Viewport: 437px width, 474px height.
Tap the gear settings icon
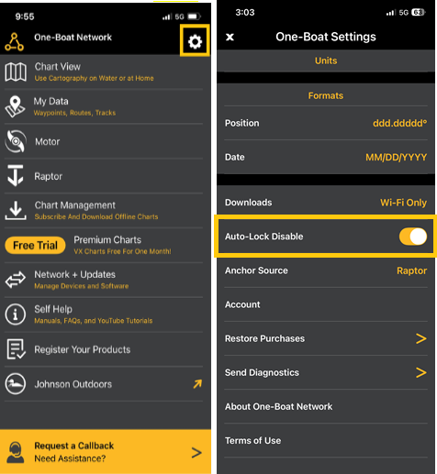pyautogui.click(x=195, y=41)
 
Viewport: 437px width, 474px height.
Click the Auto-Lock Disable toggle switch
pyautogui.click(x=413, y=237)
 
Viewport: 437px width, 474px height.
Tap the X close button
pyautogui.click(x=230, y=37)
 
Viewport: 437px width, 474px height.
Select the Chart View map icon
pyautogui.click(x=16, y=72)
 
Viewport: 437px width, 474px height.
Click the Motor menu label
pyautogui.click(x=48, y=142)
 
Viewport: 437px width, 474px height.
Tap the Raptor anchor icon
pyautogui.click(x=16, y=175)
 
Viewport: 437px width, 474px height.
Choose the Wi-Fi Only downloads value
pyautogui.click(x=403, y=203)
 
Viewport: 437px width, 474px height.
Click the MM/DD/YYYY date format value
pyautogui.click(x=397, y=158)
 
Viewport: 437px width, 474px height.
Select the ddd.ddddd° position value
pyautogui.click(x=399, y=123)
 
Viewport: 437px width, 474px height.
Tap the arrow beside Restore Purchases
pyautogui.click(x=421, y=338)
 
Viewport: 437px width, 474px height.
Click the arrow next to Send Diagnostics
pyautogui.click(x=421, y=372)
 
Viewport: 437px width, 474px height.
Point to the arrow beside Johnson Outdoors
pyautogui.click(x=197, y=384)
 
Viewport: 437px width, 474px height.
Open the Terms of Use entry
pyautogui.click(x=252, y=441)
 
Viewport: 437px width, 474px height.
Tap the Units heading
pyautogui.click(x=326, y=61)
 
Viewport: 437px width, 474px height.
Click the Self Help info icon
pyautogui.click(x=16, y=314)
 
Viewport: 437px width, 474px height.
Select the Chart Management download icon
pyautogui.click(x=16, y=211)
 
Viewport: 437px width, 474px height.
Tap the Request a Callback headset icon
pyautogui.click(x=16, y=452)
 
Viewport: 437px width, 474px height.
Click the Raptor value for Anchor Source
pyautogui.click(x=412, y=270)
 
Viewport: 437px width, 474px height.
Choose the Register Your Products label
pyautogui.click(x=83, y=349)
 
